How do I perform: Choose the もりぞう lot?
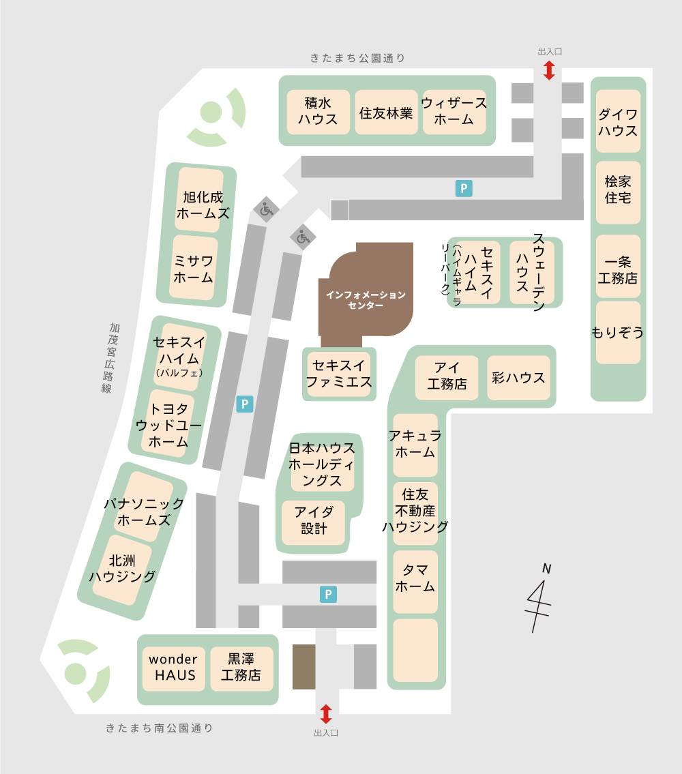pyautogui.click(x=618, y=333)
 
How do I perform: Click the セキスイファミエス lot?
pyautogui.click(x=339, y=374)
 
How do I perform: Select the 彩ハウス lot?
pyautogui.click(x=519, y=378)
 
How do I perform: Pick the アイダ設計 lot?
pyautogui.click(x=314, y=522)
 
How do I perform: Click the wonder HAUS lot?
pyautogui.click(x=173, y=668)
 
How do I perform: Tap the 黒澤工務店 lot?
pyautogui.click(x=241, y=668)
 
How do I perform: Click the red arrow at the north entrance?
pyautogui.click(x=549, y=70)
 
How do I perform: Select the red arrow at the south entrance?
pyautogui.click(x=326, y=714)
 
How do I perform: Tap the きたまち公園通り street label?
pyautogui.click(x=358, y=59)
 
